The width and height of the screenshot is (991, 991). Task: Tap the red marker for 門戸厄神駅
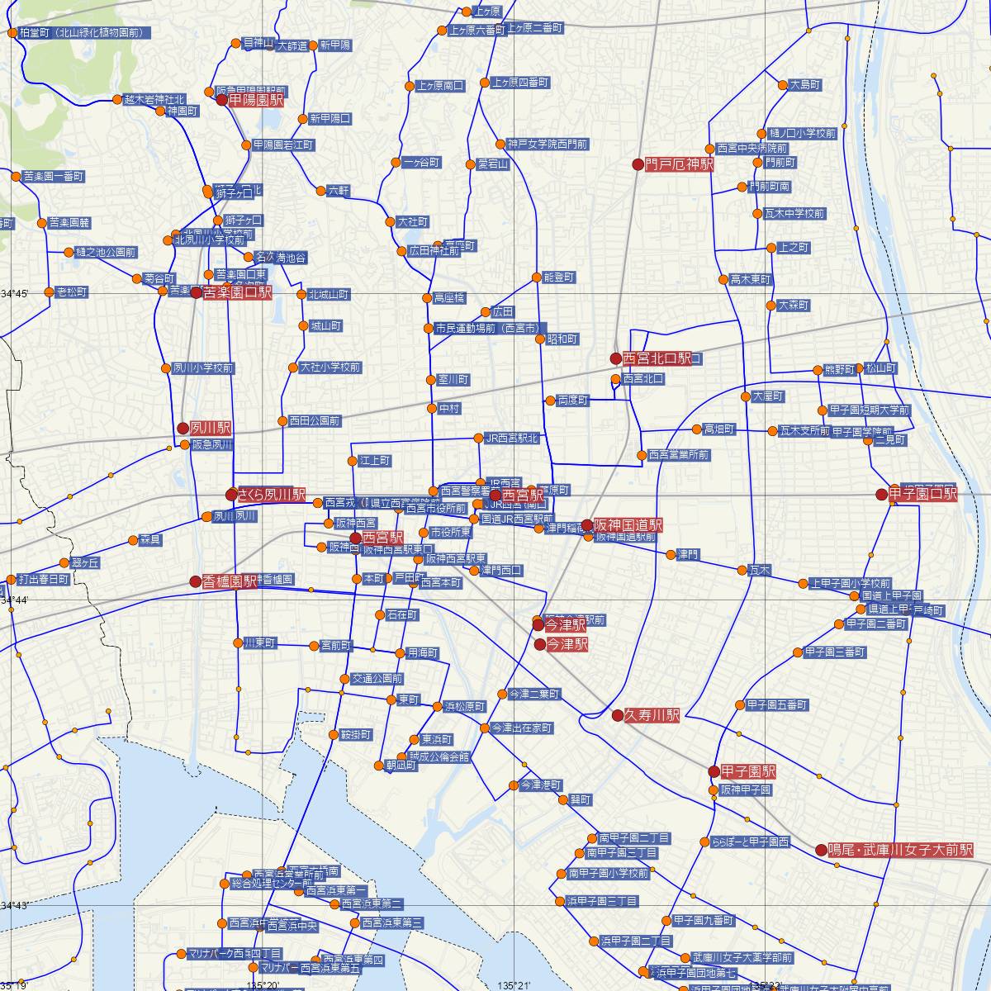coord(638,164)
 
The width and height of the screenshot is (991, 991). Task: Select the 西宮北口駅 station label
coord(657,358)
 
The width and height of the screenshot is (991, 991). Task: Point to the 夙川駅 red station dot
coord(183,428)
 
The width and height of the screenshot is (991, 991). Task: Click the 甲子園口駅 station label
coord(922,494)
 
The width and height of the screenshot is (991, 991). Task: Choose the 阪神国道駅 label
coord(628,524)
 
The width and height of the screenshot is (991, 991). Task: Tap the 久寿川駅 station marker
coord(618,715)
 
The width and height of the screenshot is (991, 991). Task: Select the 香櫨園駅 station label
coord(230,581)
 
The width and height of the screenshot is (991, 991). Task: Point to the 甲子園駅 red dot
coord(714,771)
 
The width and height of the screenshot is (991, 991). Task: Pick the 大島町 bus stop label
coord(805,84)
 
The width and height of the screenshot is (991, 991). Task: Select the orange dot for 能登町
coord(538,277)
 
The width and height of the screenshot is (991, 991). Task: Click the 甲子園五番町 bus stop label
coord(776,705)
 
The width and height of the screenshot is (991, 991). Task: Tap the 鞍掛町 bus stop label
coord(355,734)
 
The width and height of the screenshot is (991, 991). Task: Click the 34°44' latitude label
coord(15,600)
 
